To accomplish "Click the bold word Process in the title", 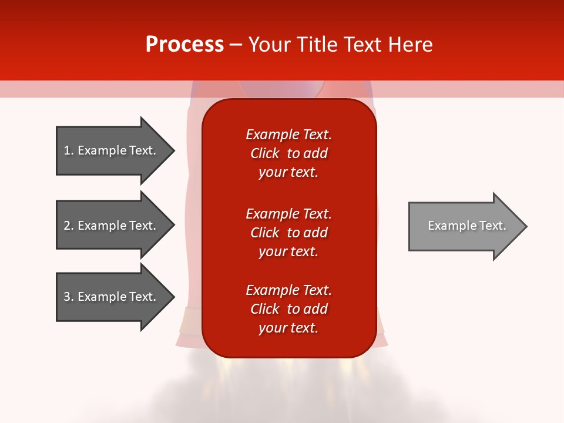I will pos(184,45).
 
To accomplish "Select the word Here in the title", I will pos(411,45).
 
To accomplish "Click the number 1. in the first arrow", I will pos(69,150).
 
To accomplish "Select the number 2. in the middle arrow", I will pos(69,226).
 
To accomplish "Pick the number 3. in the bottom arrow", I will pos(69,297).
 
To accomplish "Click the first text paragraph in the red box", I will pos(288,153).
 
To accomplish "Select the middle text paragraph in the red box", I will pos(288,233).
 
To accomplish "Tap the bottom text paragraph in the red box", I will pos(288,309).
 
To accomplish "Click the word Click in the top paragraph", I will pos(264,153).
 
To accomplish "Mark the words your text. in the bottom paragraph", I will pos(288,328).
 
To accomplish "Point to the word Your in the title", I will pos(268,45).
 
